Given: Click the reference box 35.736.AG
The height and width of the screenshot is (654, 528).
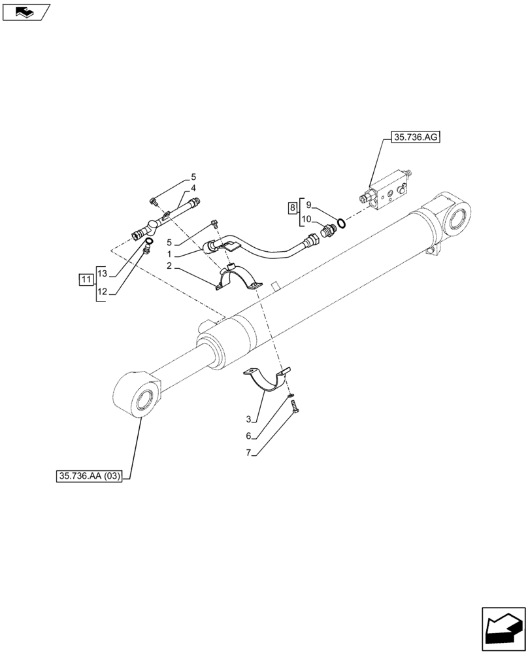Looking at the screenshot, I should [416, 138].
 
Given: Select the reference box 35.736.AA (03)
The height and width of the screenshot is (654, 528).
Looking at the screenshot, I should [90, 476].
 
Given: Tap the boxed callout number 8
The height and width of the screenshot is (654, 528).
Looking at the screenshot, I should [293, 209].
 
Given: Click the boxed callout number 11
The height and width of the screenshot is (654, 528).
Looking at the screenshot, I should [86, 280].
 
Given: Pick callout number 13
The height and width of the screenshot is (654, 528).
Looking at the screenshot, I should [102, 272].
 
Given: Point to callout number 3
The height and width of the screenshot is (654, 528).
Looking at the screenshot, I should [249, 419].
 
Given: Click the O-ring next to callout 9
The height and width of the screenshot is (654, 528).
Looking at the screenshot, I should [342, 222].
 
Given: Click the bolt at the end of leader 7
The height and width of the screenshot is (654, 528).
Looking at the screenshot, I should [294, 407].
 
